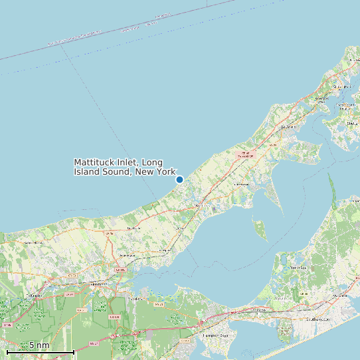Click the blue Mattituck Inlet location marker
point(179,179)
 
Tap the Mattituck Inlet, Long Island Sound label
point(124,167)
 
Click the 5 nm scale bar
point(40,349)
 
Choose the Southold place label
point(288,126)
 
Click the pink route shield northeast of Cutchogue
point(246,154)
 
